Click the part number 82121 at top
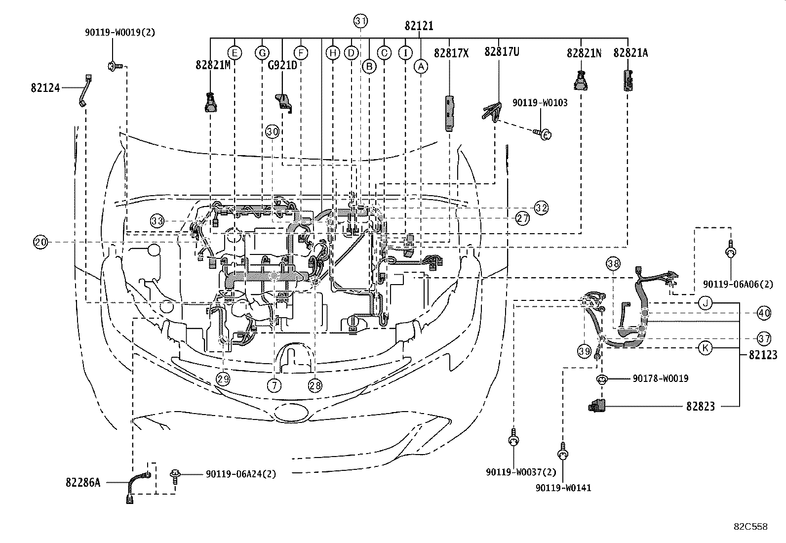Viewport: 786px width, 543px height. (419, 26)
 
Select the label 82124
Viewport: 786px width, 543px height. (45, 88)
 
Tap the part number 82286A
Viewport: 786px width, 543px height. (82, 482)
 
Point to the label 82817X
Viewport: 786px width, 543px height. (451, 52)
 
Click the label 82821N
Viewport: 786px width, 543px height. (584, 53)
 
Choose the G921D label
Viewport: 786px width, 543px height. (282, 64)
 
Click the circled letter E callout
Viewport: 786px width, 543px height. (234, 52)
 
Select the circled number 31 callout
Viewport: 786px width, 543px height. (361, 21)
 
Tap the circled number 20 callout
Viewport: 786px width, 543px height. (40, 242)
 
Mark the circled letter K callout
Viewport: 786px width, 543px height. (706, 348)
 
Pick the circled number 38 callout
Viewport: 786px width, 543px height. (613, 264)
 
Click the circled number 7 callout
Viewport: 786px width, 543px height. (275, 384)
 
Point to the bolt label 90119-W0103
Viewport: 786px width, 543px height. (540, 103)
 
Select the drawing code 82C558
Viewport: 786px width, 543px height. (750, 527)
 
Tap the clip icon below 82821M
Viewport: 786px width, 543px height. (211, 103)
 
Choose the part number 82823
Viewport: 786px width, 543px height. (700, 407)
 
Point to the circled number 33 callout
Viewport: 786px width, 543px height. (157, 221)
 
